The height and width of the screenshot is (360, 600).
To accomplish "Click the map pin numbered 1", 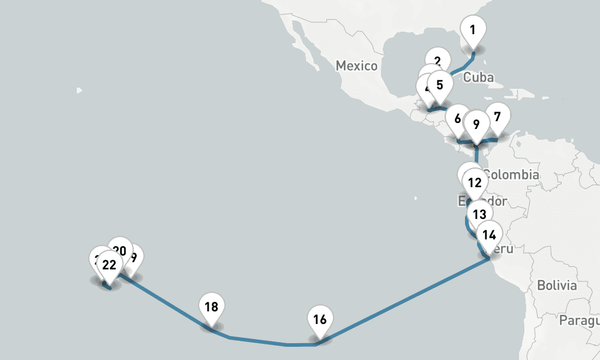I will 473,30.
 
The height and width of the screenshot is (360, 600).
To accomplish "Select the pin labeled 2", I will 437,61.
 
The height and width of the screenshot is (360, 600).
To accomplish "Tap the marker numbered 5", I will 440,85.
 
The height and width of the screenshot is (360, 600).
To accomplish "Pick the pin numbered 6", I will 458,119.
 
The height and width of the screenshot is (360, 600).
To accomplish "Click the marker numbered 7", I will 496,116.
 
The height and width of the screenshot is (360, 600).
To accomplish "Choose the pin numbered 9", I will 476,125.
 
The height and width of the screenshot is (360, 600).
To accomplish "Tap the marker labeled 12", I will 475,182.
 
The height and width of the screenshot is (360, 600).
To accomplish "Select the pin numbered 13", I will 478,214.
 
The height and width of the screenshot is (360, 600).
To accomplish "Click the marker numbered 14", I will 489,235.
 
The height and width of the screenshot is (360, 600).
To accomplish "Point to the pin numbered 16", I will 320,320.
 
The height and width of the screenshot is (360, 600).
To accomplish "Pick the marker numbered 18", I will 211,308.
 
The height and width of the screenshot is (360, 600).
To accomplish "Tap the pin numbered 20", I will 120,251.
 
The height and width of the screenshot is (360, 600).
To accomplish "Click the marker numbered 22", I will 109,265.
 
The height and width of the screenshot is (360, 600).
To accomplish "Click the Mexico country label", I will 356,65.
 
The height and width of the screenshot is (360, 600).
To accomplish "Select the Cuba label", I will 479,77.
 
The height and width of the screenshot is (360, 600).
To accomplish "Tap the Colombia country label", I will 511,175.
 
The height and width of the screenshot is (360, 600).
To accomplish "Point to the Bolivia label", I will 557,285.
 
